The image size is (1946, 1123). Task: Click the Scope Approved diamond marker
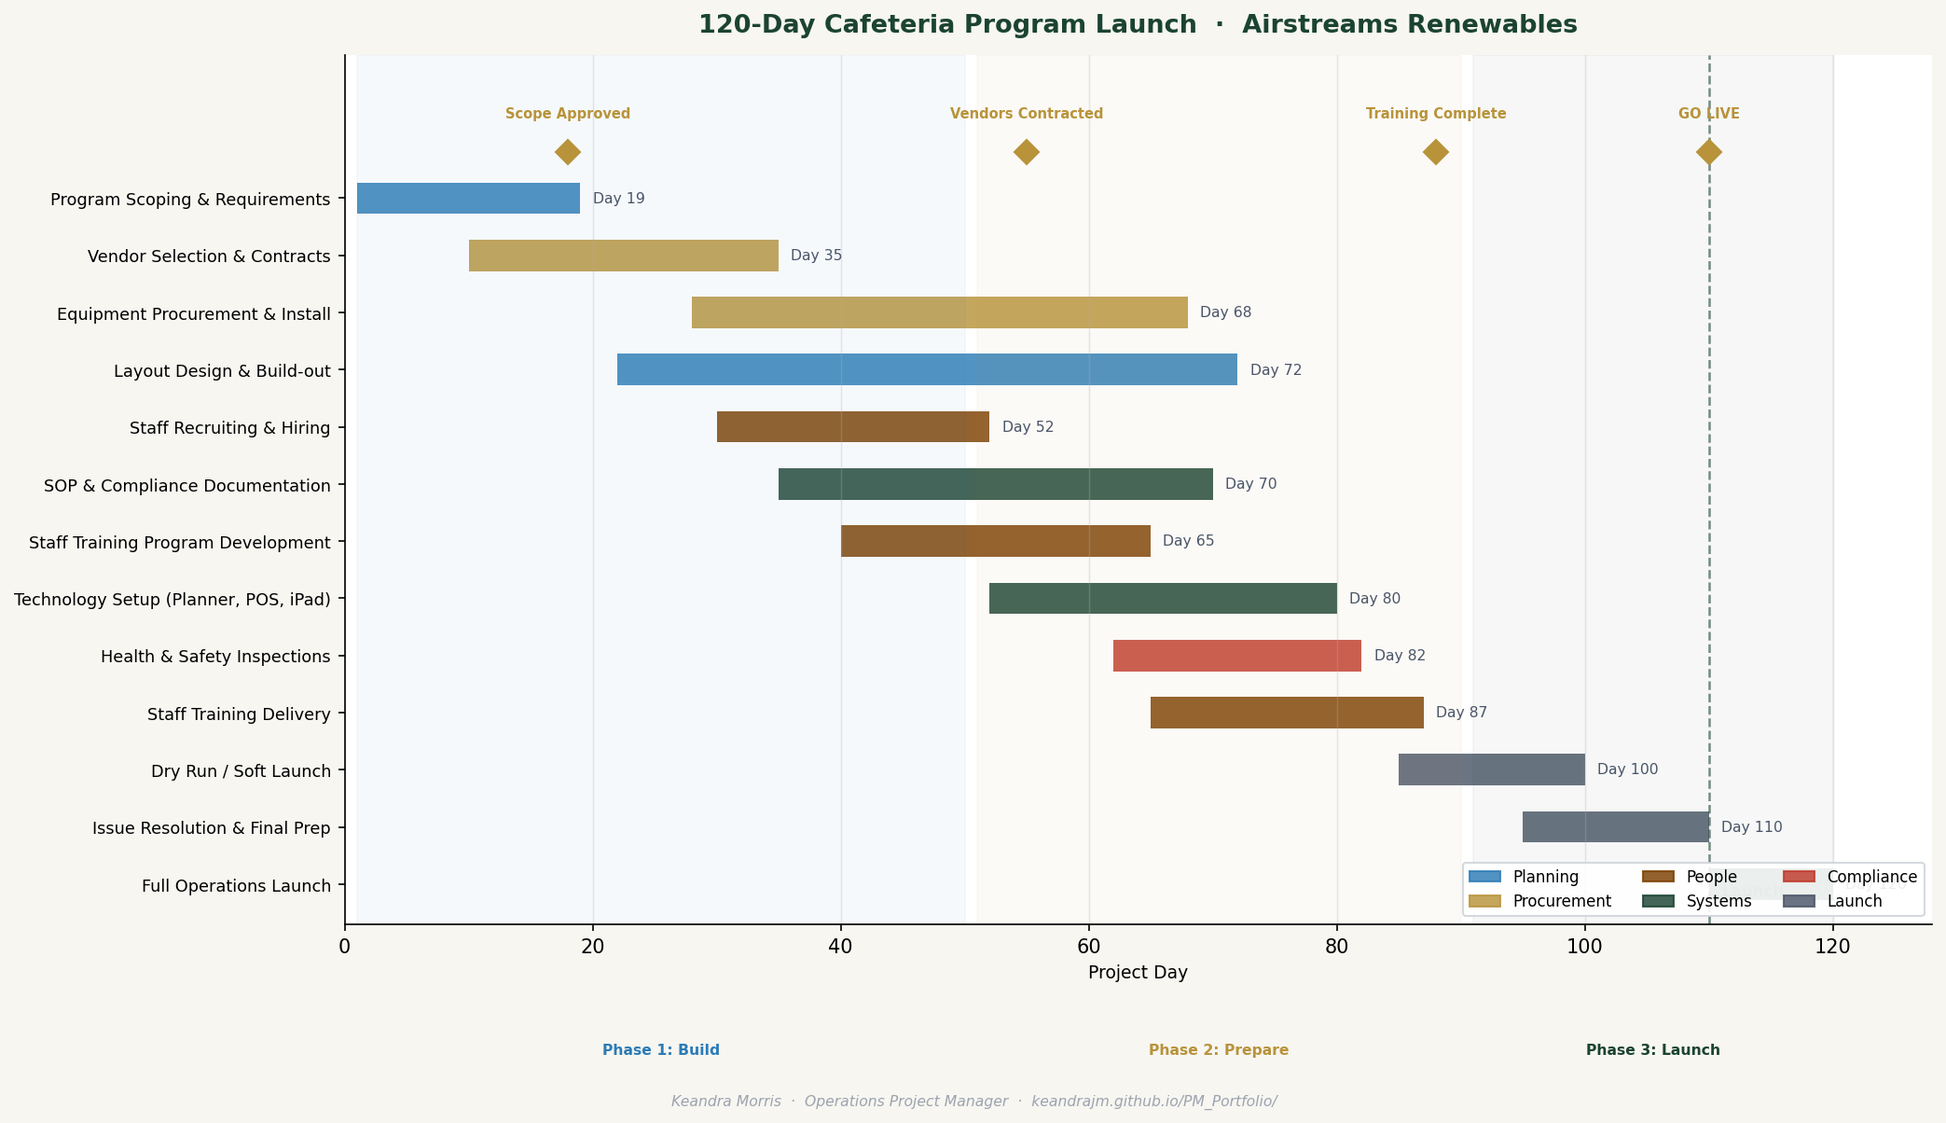568,152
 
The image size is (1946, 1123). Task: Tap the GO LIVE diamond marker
1708,152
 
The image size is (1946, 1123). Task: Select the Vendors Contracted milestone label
1026,114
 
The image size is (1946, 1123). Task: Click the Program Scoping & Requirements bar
468,199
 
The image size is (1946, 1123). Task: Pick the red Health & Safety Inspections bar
1236,656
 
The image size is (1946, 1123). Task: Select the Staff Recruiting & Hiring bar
852,427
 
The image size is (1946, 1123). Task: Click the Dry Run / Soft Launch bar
1491,769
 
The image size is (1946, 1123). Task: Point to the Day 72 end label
1276,370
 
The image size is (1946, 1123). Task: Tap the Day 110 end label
1751,827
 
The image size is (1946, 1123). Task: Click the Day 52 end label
1028,427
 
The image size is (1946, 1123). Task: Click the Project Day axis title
1138,973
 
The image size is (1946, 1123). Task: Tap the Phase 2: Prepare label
1218,1050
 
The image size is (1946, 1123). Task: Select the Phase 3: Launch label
1652,1050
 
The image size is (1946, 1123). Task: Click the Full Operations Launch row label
236,886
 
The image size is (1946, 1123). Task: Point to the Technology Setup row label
173,600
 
